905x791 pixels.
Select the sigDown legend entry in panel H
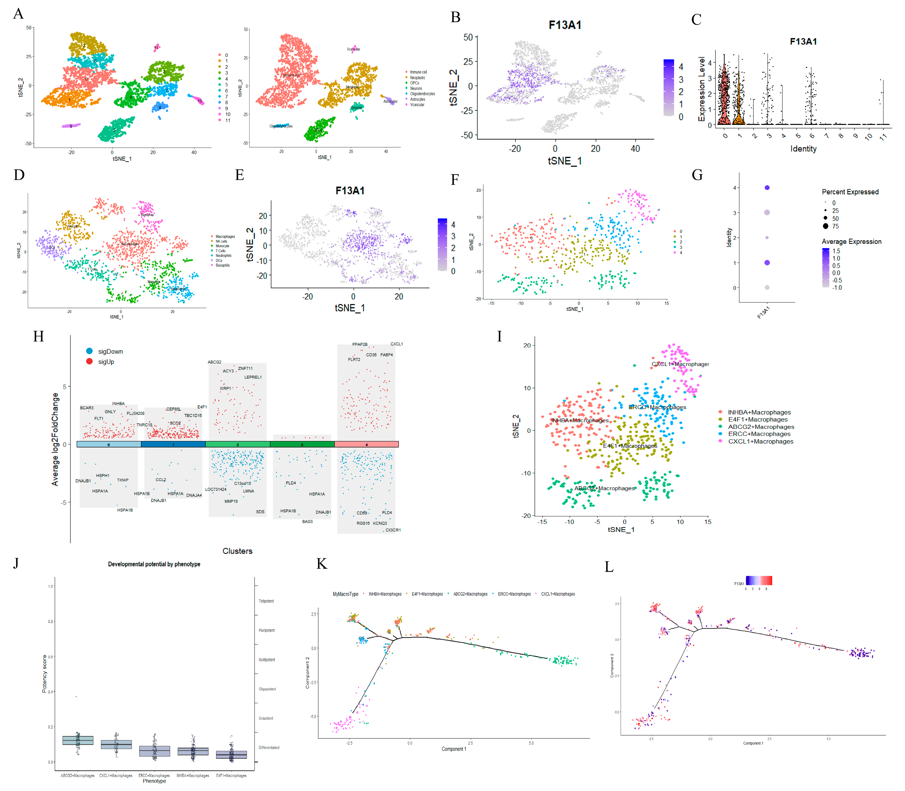pos(110,351)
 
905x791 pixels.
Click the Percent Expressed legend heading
pos(850,192)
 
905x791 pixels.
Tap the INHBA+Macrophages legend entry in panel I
pos(758,412)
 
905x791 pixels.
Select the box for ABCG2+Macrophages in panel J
pos(78,740)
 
